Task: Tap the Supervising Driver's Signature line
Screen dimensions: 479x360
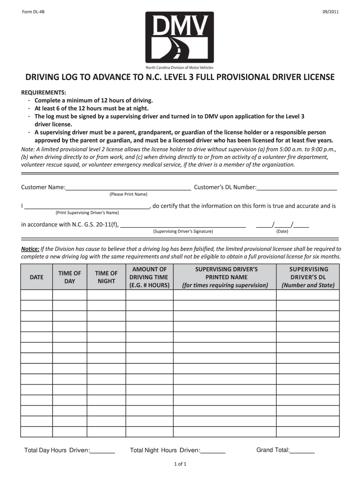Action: (183, 225)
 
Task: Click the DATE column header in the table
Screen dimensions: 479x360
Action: (36, 277)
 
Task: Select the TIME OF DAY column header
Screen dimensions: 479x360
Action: (69, 277)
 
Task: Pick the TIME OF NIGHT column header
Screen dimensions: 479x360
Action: (106, 277)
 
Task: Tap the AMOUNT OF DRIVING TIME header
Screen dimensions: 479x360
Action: (149, 277)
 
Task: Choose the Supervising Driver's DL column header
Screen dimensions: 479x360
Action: (309, 277)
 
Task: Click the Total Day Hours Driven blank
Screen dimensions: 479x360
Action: (102, 451)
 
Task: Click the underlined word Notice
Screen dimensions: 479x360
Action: (30, 249)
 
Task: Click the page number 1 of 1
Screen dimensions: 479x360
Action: (180, 464)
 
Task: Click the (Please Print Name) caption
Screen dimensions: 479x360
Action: (128, 194)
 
